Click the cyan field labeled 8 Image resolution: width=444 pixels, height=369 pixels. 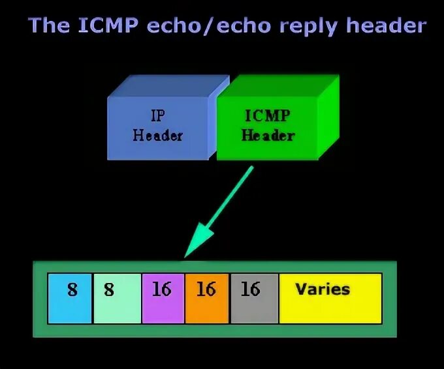[x=70, y=299]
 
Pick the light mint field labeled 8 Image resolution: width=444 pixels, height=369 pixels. [x=117, y=299]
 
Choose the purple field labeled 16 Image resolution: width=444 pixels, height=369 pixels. [x=163, y=299]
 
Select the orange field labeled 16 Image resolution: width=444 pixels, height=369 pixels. [x=206, y=299]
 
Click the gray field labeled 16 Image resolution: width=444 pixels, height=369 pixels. [x=253, y=299]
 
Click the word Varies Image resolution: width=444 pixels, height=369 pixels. [x=323, y=289]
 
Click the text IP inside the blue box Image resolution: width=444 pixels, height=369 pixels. [x=157, y=116]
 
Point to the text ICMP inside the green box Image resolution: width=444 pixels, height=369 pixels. [x=267, y=116]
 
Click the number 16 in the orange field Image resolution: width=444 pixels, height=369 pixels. [x=206, y=289]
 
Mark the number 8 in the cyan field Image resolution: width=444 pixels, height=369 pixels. [x=72, y=289]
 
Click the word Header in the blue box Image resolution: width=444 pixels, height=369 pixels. [x=157, y=136]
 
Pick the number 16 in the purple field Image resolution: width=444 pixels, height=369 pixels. [x=161, y=289]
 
